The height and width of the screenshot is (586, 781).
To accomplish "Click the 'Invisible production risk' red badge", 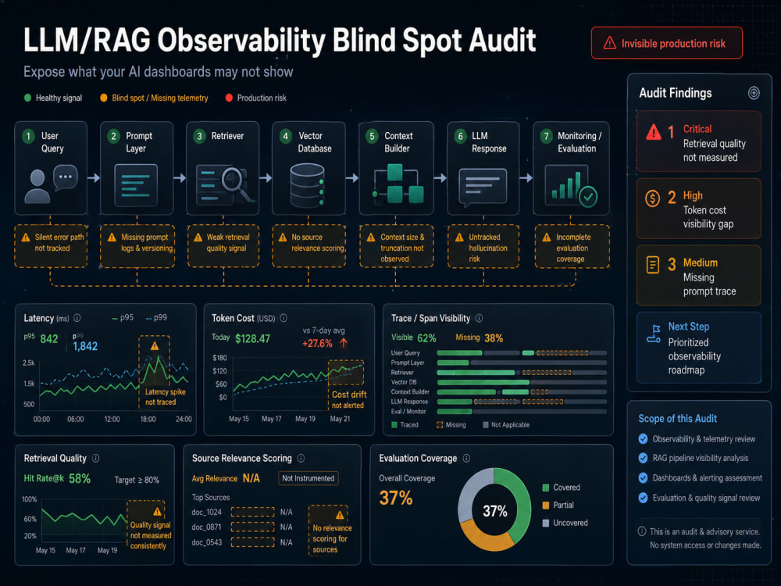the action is tap(666, 43).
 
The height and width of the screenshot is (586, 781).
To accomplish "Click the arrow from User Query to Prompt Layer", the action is tap(94, 177).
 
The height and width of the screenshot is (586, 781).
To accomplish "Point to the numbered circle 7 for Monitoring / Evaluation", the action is tap(547, 136).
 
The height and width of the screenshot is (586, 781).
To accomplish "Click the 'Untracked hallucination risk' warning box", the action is tap(483, 247).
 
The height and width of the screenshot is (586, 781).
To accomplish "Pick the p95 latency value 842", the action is tap(48, 339).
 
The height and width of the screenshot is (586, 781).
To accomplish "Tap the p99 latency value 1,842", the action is tap(85, 346).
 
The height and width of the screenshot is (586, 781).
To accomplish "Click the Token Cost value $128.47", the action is tap(252, 339).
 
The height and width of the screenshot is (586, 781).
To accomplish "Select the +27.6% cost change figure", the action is tap(317, 343).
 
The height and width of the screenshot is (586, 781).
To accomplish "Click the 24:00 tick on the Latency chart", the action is tap(184, 419).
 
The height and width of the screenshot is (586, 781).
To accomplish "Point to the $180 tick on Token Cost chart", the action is tap(219, 358).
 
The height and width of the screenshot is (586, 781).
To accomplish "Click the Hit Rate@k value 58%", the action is tap(80, 479).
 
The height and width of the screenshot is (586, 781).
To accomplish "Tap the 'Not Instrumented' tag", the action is tap(308, 478).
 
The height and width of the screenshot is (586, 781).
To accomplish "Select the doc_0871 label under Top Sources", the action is tap(206, 527).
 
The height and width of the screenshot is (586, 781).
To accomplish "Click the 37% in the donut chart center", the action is tap(495, 511).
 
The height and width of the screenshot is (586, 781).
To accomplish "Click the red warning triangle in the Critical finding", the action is tap(654, 133).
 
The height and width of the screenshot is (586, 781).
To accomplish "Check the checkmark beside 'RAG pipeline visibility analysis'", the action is tap(643, 458).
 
